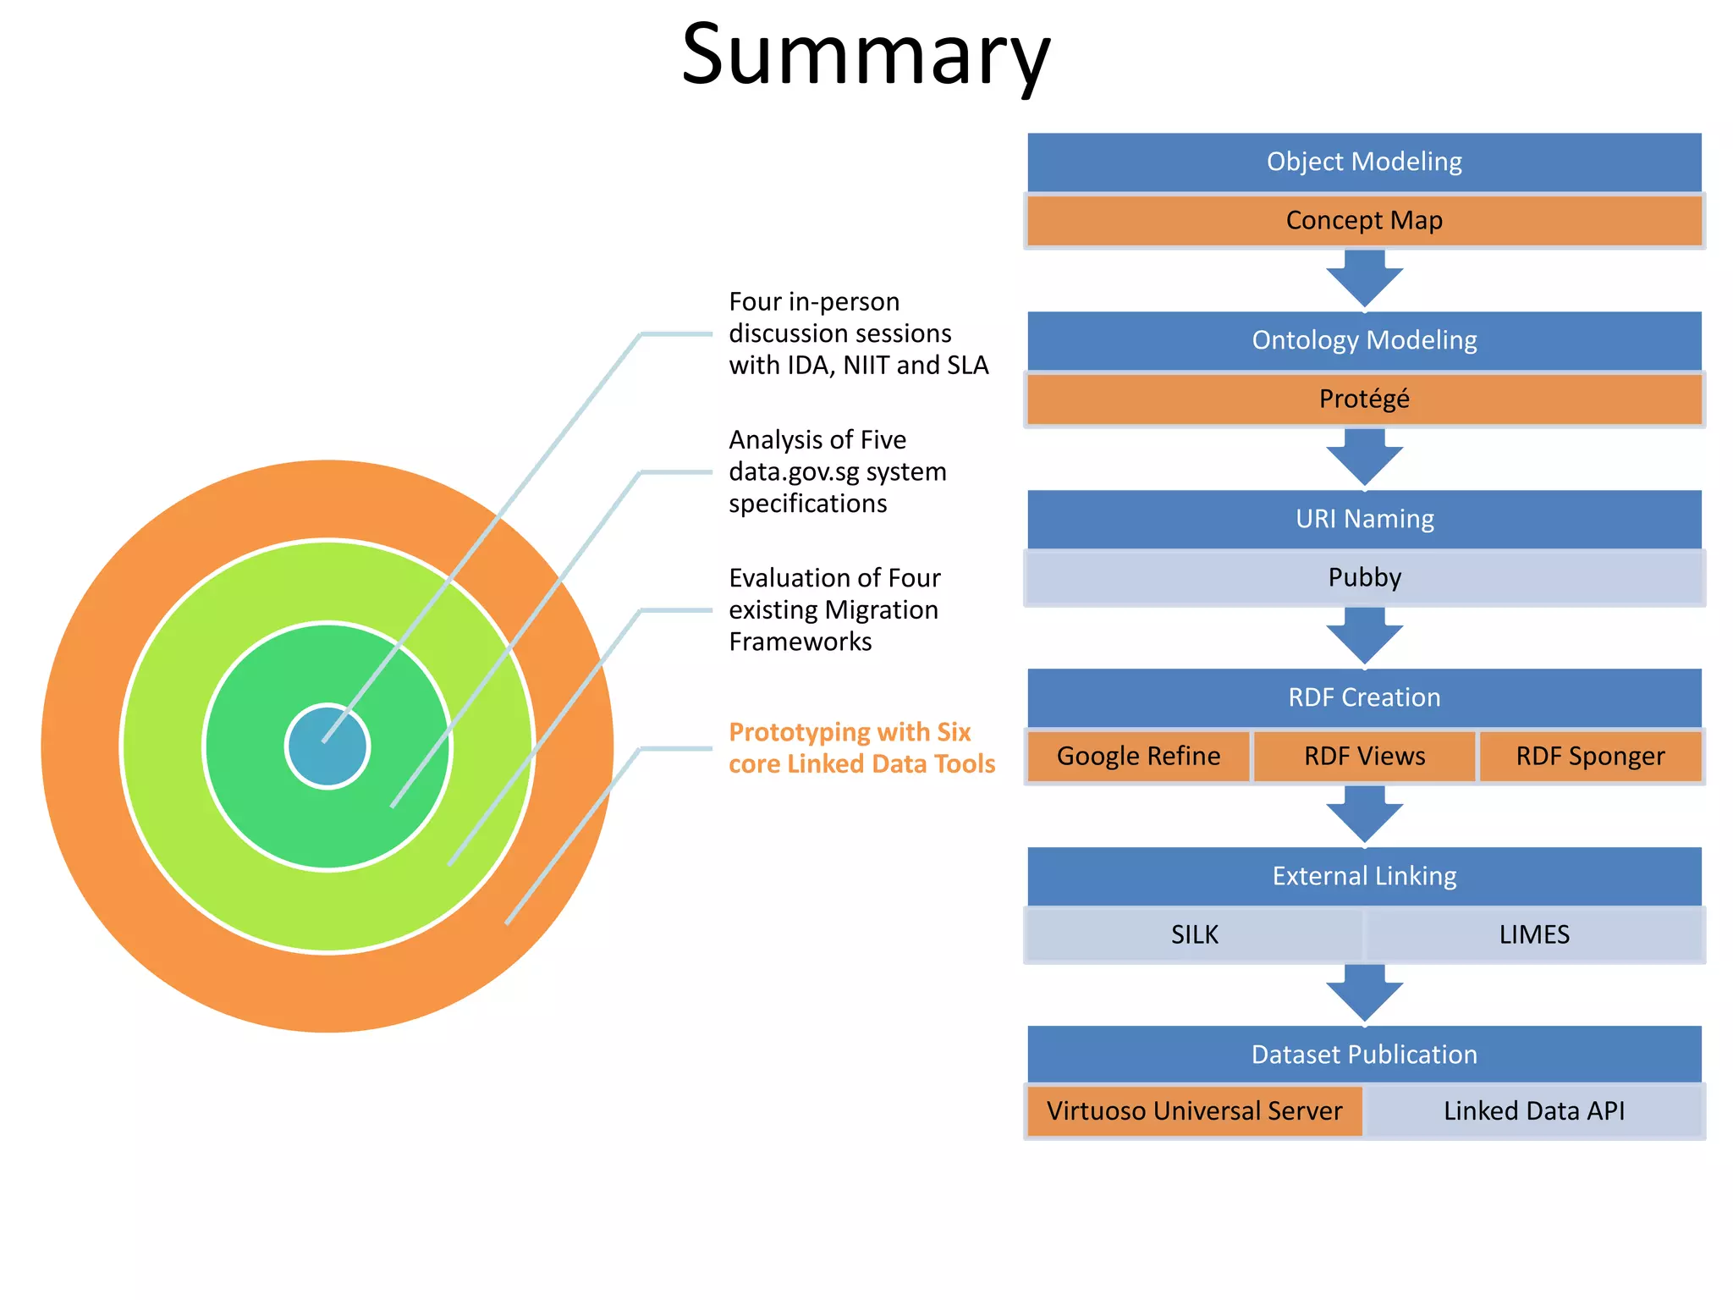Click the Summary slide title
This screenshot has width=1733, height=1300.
point(866,56)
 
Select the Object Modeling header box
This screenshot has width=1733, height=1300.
point(1364,162)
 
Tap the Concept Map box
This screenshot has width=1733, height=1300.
point(1364,221)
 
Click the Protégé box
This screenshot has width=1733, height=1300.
point(1364,399)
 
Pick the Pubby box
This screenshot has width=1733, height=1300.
point(1364,577)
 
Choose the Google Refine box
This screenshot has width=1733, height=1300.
point(1138,756)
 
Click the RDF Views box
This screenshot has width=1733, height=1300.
point(1364,756)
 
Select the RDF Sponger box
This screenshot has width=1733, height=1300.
point(1590,756)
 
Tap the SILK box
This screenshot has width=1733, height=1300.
point(1194,934)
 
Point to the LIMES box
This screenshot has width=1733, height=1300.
point(1534,934)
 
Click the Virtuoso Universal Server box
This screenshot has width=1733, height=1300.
point(1194,1110)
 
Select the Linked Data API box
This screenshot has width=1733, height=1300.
point(1534,1110)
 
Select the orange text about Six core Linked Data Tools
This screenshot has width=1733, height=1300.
point(861,748)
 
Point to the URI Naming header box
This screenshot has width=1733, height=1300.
point(1364,519)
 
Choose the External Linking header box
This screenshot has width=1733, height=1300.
point(1364,876)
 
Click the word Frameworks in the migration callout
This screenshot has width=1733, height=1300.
point(800,642)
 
